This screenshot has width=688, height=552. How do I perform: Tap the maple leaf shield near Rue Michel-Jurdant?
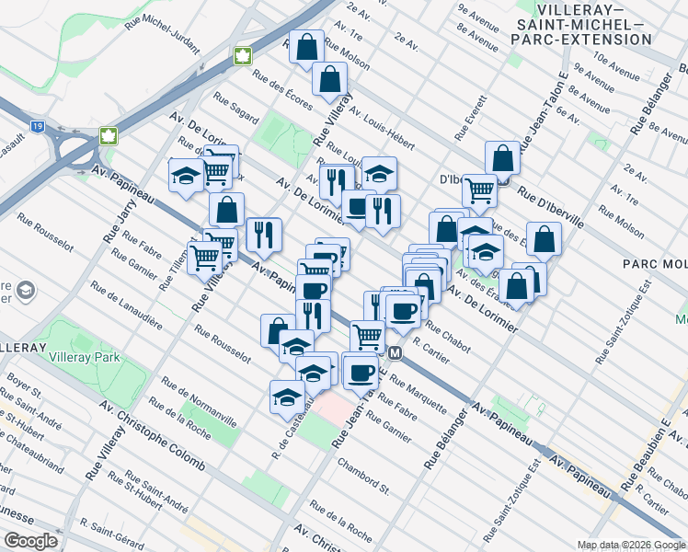pos(243,55)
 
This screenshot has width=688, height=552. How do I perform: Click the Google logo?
pos(30,541)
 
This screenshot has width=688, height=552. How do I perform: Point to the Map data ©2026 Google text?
pos(630,545)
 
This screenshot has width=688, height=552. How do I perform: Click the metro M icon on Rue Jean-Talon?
pos(396,352)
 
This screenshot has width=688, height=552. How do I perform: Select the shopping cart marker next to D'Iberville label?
pos(478,190)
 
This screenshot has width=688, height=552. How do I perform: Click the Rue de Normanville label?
pos(199,402)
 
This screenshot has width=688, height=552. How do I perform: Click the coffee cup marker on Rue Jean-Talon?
pos(360,372)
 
